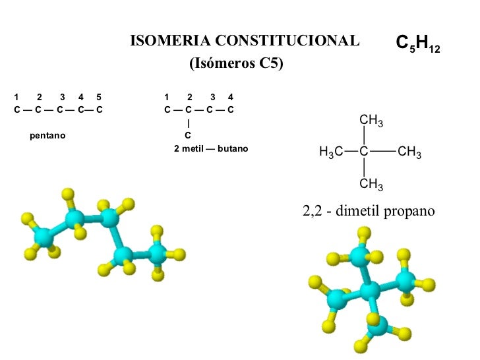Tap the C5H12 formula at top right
point(417,44)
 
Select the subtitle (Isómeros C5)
point(235,64)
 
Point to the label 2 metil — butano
point(211,149)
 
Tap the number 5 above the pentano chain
point(98,97)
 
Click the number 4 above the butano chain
point(230,97)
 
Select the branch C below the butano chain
point(188,136)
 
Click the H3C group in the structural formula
point(331,153)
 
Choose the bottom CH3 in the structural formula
point(371,184)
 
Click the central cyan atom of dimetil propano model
point(371,289)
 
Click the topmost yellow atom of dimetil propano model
point(363,232)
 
